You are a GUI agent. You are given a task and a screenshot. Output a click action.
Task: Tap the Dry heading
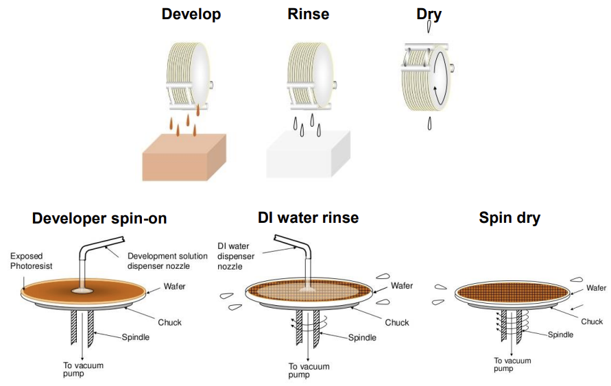[x=429, y=13]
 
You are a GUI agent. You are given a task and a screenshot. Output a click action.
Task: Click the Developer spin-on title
[x=99, y=219]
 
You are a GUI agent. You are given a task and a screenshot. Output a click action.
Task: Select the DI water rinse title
[x=308, y=218]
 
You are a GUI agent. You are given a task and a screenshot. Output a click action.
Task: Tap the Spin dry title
[x=510, y=219]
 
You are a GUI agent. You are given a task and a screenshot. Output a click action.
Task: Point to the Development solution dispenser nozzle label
[x=167, y=261]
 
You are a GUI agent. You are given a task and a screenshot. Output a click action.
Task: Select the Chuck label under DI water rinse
[x=396, y=322]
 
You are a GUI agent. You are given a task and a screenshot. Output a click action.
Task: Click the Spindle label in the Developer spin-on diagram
[x=136, y=337]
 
